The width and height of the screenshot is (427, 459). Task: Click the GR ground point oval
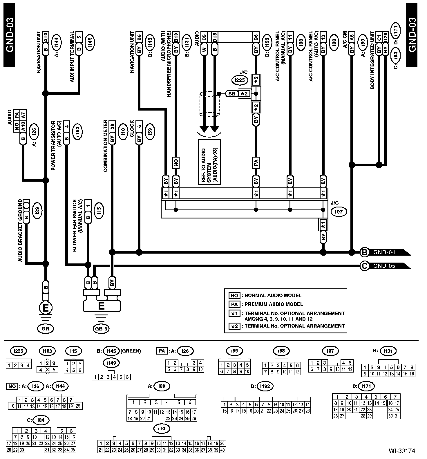coord(46,329)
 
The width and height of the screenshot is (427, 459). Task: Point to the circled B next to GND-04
coord(364,252)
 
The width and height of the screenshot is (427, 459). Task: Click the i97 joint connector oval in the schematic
coord(339,212)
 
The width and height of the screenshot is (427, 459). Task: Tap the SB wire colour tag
coord(232,94)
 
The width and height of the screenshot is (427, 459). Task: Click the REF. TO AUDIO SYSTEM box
coord(209,162)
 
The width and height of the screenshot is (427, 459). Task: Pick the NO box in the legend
coord(234,295)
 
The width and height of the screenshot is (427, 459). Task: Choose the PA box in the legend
coord(234,304)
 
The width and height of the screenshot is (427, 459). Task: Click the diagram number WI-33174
coord(402,451)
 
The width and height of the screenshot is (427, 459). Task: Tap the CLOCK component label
coord(132,129)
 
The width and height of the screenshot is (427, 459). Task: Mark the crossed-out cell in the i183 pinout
coord(47,370)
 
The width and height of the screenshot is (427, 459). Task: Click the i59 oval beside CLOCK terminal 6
coord(150,132)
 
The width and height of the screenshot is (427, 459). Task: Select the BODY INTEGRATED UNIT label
coord(372,60)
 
